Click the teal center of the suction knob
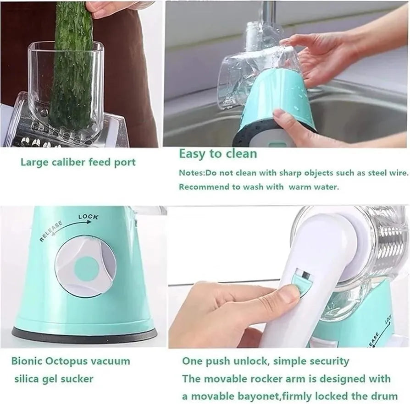[86, 268]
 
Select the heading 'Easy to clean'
[217, 153]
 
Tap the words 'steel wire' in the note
[386, 173]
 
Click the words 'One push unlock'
[225, 361]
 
